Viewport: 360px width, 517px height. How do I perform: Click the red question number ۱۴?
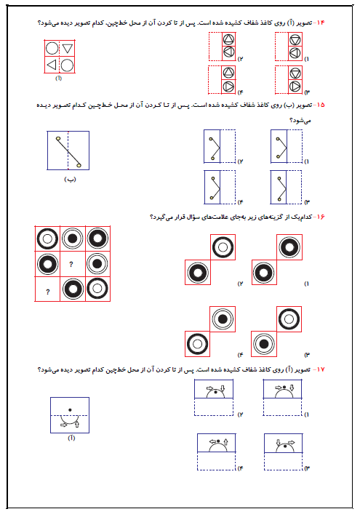320,23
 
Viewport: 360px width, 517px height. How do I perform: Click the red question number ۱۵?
320,105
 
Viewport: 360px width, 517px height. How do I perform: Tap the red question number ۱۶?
320,217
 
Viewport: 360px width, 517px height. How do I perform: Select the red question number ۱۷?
320,369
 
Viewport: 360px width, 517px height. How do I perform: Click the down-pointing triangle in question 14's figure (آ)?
67,49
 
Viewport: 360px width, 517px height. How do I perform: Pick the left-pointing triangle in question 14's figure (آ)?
52,65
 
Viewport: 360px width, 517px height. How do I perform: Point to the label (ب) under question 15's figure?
70,180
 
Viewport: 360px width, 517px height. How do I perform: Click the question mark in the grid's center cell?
71,264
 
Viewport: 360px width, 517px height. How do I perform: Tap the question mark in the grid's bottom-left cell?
48,292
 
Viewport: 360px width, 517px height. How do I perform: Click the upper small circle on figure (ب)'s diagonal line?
58,138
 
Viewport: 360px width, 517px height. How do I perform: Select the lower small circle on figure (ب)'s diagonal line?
79,165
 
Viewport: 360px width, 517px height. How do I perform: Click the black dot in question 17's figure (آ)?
70,410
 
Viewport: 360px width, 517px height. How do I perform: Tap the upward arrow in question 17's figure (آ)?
77,424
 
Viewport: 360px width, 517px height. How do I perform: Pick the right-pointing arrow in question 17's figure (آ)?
63,425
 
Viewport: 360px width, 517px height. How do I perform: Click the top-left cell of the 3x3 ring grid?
47,239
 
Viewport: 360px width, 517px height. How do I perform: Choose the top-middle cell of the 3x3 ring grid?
73,239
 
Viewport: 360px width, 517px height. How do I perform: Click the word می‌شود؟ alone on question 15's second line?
300,121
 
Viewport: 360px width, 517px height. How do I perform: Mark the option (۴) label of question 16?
240,355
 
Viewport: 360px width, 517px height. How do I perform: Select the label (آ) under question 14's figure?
58,78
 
